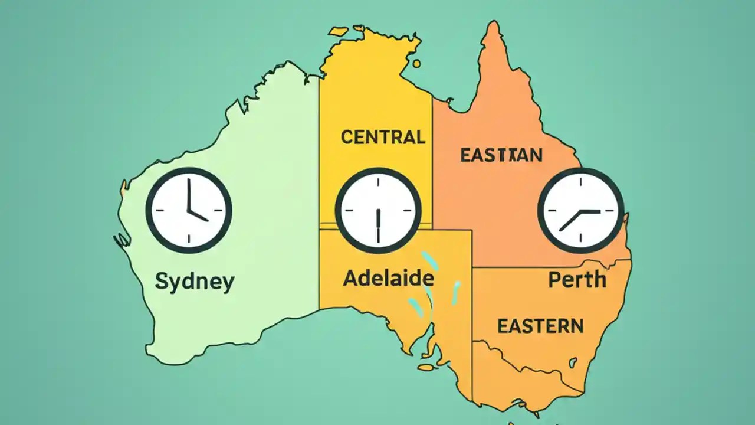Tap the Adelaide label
coord(389,278)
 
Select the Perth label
coord(577,279)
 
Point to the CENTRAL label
coord(383,138)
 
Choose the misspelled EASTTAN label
coord(501,155)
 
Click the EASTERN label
coord(540,326)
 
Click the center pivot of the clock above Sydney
coord(189,211)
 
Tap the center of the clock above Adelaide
coord(378,211)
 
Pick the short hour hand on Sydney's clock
coord(199,215)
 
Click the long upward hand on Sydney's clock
coord(188,195)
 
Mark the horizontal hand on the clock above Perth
coord(590,211)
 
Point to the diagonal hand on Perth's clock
coord(570,220)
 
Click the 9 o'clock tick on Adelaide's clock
coord(346,211)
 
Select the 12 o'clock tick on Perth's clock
coord(580,179)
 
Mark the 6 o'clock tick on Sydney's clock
coord(189,239)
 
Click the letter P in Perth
coord(554,280)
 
